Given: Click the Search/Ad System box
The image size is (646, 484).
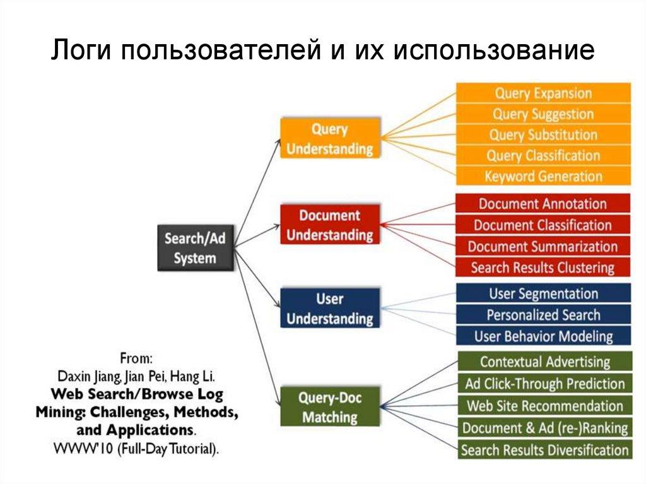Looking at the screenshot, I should click(194, 248).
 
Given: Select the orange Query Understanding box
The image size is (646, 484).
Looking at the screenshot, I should click(329, 139).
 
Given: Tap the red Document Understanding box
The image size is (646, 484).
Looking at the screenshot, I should click(329, 225).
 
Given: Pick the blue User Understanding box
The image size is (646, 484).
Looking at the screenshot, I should click(329, 308).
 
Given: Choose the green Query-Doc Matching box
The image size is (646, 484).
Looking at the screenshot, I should click(329, 407).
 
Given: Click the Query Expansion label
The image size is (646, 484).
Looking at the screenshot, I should click(543, 93).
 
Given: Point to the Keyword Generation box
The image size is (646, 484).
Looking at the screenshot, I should click(543, 176).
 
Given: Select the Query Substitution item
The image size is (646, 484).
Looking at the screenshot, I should click(543, 135).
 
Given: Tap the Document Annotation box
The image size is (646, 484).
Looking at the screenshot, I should click(543, 204).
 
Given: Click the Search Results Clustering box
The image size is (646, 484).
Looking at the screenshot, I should click(543, 268).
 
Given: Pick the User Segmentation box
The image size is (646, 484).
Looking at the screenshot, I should click(543, 293).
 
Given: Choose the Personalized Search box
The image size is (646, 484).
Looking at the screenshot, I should click(543, 314).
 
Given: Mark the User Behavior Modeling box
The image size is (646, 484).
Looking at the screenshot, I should click(543, 336).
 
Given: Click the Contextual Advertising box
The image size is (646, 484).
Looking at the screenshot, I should click(544, 362).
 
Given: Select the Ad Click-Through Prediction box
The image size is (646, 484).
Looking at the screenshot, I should click(544, 384).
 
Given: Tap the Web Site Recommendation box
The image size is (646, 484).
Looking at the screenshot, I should click(544, 406).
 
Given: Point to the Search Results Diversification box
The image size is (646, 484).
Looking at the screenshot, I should click(544, 450).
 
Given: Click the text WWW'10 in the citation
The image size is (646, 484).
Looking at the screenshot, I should click(78, 449).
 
